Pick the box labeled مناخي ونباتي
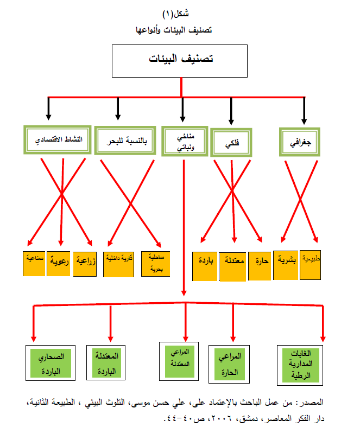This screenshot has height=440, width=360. [x=184, y=142]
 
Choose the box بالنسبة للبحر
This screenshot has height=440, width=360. [x=124, y=141]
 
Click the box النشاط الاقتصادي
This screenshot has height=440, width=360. [x=56, y=141]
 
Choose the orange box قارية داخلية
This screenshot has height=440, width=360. [x=118, y=264]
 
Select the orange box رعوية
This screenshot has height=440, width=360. [x=59, y=263]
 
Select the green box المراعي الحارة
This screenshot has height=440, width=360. [x=232, y=363]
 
